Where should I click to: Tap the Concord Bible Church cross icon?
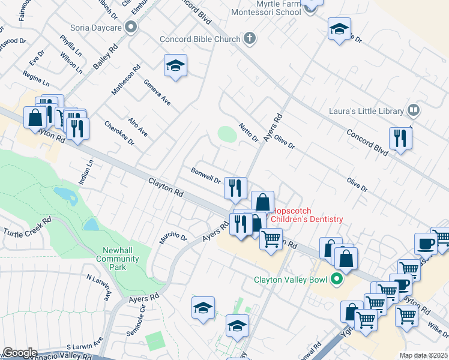tap(250, 39)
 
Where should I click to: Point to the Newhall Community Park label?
tap(118, 255)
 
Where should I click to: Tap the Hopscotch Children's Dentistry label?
tap(307, 215)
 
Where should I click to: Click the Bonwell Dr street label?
tap(206, 175)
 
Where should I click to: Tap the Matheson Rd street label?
tap(125, 80)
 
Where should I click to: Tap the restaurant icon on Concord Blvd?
tap(399, 138)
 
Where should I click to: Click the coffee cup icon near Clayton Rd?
tap(426, 243)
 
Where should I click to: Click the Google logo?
tap(20, 353)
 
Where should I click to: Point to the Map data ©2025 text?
tap(424, 355)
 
